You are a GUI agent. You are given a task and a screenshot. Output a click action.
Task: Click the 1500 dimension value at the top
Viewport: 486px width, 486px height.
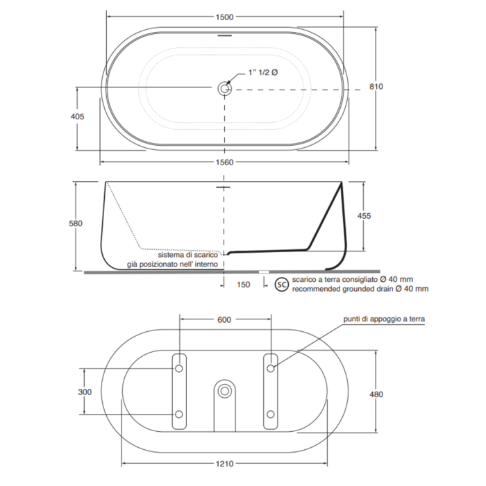click(224, 17)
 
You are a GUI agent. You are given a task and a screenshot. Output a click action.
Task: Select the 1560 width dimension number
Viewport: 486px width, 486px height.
click(224, 162)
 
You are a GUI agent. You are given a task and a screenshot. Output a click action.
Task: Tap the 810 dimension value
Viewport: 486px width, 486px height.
click(376, 87)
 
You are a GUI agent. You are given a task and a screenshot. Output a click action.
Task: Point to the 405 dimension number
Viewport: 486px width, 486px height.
click(77, 116)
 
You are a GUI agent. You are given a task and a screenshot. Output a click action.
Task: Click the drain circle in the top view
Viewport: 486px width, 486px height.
click(224, 89)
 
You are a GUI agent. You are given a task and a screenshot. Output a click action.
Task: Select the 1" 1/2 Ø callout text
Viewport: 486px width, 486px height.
click(263, 72)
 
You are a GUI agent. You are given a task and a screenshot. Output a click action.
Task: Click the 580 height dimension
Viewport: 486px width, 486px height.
click(76, 223)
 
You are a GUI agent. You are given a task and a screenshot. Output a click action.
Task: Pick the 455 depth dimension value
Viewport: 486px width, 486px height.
click(364, 216)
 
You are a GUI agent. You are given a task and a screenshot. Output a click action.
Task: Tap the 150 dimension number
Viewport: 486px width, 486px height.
click(243, 285)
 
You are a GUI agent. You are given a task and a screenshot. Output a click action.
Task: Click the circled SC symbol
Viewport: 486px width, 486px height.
click(281, 285)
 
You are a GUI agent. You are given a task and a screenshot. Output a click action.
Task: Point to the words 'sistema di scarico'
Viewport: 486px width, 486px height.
click(188, 255)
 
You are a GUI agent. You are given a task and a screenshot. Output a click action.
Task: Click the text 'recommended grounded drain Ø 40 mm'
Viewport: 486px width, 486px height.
click(360, 289)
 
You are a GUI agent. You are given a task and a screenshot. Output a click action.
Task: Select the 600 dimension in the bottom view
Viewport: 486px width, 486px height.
click(224, 319)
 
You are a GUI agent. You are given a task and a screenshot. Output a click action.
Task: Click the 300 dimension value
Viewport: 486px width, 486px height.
click(85, 392)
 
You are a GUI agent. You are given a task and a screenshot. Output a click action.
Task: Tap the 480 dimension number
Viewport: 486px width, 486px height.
click(376, 394)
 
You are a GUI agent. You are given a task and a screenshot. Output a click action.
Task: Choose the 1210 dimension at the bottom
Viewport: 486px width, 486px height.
click(224, 464)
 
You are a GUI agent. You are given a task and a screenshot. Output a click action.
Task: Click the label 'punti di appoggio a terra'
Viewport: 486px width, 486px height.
click(384, 319)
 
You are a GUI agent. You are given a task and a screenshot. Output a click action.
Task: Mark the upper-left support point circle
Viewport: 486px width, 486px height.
click(179, 369)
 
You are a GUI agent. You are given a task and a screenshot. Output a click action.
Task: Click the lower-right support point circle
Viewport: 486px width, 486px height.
click(271, 414)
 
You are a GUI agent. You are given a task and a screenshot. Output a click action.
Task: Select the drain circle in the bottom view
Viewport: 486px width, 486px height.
click(224, 391)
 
